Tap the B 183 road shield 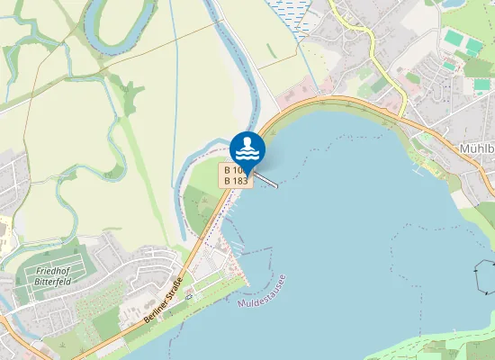click(x=236, y=181)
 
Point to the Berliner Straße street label click(x=164, y=301)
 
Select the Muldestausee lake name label click(x=262, y=292)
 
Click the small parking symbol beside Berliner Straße click(x=189, y=296)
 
